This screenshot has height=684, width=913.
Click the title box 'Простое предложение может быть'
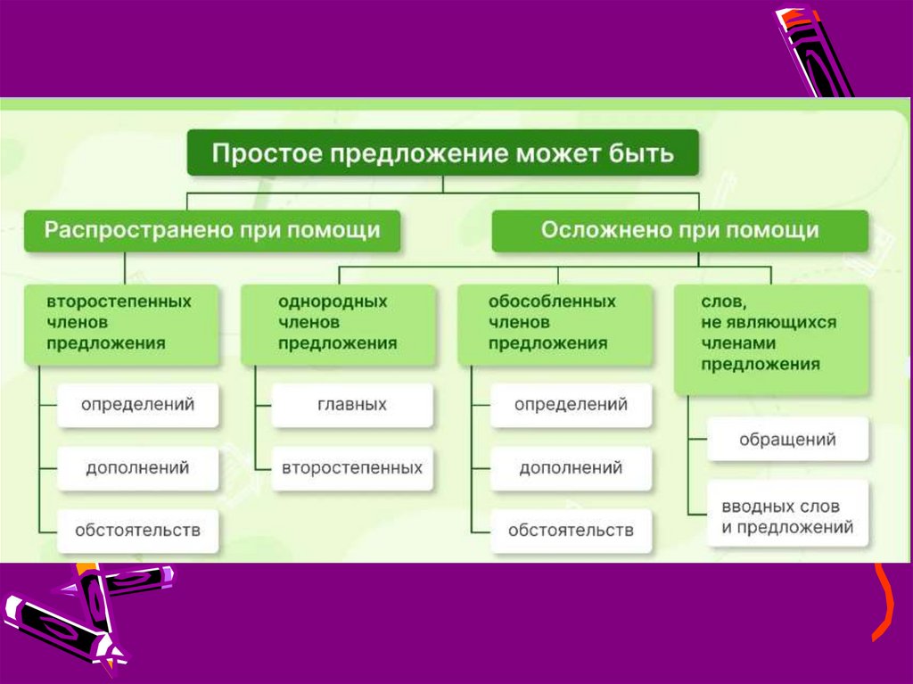point(443,153)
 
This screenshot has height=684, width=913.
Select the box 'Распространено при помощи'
point(212,231)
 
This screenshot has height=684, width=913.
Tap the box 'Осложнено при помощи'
point(679,231)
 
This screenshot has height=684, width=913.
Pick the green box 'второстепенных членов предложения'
point(119,324)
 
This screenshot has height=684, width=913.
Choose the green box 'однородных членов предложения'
point(338,324)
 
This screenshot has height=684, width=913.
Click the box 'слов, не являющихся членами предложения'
point(771,340)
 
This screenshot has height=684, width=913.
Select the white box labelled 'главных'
point(352,405)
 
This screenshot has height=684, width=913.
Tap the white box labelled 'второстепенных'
point(352,467)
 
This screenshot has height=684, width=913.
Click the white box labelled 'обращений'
point(787,440)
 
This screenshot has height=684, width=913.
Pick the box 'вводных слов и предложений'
point(787,517)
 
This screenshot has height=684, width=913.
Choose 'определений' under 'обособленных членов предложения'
point(571,405)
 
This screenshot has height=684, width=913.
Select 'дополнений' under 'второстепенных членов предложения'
point(137,467)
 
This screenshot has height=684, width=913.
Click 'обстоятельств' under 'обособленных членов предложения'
point(571,531)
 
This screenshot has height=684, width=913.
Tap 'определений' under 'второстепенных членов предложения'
point(137,405)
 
